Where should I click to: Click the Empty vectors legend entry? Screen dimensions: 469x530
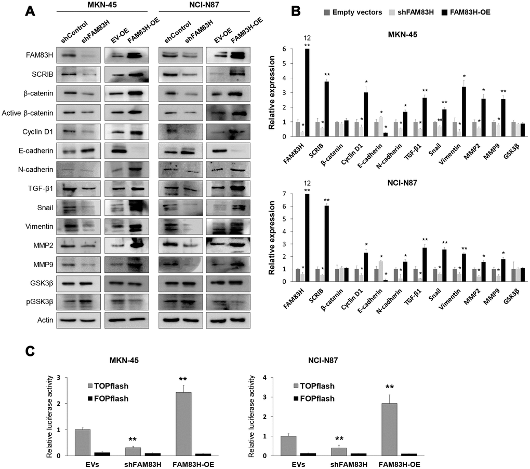pyautogui.click(x=353, y=11)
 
